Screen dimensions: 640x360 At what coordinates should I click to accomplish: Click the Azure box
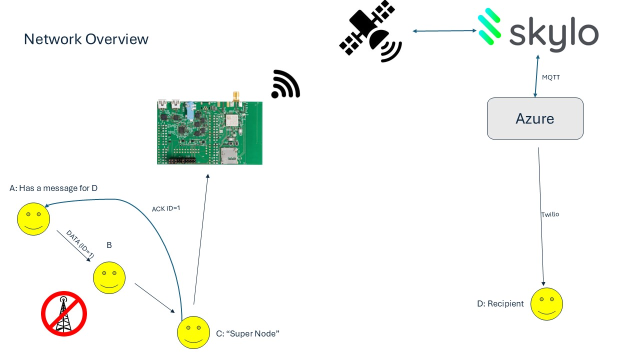[535, 118]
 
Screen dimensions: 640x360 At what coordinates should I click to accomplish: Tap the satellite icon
[370, 31]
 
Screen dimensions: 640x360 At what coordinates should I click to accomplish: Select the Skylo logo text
[553, 34]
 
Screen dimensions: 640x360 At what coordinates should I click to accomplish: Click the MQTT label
[550, 77]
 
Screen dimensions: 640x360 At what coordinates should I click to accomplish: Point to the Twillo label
[550, 214]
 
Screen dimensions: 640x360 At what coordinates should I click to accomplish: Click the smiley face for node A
[33, 219]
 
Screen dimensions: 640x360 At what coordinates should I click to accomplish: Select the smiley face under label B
[109, 277]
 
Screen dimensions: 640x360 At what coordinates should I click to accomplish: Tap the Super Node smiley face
[193, 332]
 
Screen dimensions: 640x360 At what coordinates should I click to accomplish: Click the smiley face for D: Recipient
[546, 304]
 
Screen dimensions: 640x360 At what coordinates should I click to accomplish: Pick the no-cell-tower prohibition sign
[64, 313]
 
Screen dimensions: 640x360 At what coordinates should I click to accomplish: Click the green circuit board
[209, 132]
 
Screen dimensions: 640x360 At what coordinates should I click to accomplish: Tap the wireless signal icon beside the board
[285, 84]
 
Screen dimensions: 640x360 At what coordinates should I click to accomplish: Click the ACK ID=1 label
[166, 208]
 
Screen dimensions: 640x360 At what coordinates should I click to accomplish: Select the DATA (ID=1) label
[80, 244]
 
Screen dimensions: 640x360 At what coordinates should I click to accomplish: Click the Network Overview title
[86, 39]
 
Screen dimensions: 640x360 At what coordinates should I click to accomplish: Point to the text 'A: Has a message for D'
[53, 188]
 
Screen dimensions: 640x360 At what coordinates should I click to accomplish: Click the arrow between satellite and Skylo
[444, 31]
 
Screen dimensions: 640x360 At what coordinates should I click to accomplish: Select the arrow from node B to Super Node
[154, 298]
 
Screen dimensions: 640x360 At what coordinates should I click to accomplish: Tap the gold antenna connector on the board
[236, 96]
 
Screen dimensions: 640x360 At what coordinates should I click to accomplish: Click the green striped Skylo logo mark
[489, 26]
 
